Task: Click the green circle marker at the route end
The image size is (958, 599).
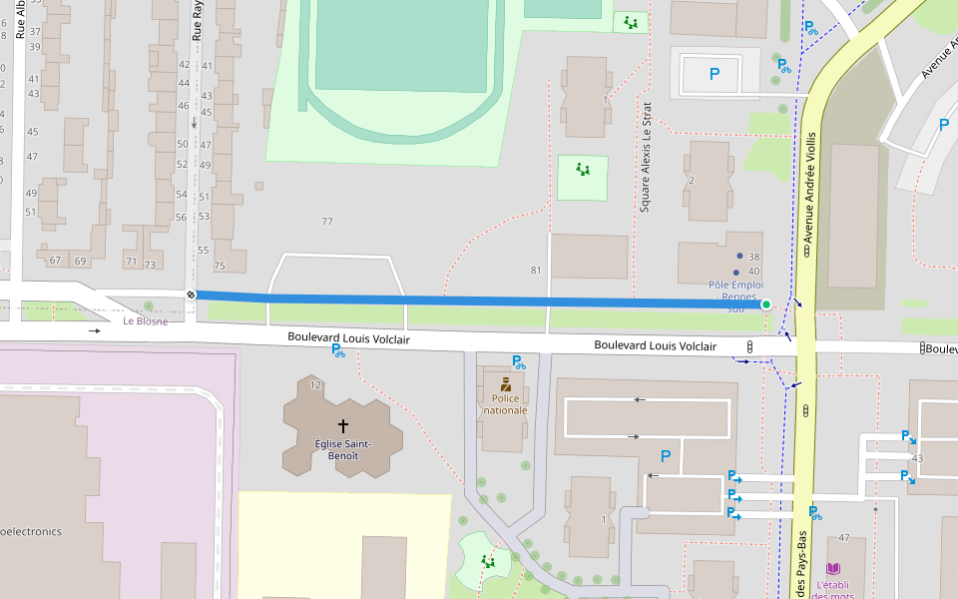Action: tap(765, 304)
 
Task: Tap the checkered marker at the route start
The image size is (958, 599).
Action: tap(191, 295)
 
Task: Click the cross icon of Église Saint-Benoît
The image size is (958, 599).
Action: tap(343, 425)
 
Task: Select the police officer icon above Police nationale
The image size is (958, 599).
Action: tap(506, 384)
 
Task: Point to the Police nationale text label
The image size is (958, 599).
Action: tap(505, 403)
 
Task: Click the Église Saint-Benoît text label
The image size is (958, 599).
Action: tap(343, 449)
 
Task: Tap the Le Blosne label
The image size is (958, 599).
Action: tap(145, 321)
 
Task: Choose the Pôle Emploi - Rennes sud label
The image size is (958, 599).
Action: tap(735, 296)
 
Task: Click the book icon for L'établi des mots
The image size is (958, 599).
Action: tap(832, 568)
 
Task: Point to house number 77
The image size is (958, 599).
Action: tap(326, 221)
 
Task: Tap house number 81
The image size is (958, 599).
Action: tap(536, 271)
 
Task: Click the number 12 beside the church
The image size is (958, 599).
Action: tap(315, 384)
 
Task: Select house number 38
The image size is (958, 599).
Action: tap(753, 257)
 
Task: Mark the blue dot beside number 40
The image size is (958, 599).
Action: tap(736, 272)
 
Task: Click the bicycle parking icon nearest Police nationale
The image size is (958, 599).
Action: tap(518, 362)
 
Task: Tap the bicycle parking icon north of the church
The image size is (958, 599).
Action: tap(337, 349)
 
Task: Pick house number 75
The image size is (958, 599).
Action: tap(220, 266)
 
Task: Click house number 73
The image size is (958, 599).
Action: tap(150, 265)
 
